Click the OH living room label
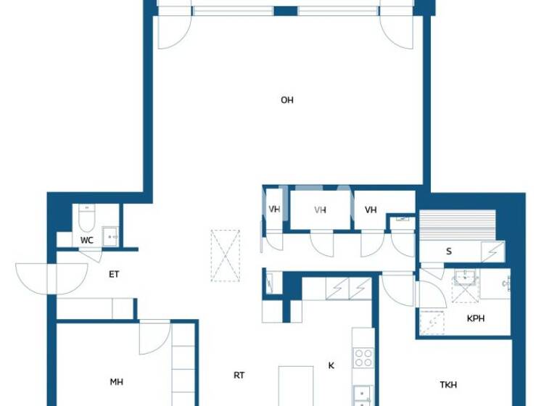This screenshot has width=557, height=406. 287,100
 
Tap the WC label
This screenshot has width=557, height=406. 86,240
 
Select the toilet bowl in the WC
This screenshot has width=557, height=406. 87,218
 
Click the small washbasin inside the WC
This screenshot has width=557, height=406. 110,236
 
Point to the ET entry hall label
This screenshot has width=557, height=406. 114,275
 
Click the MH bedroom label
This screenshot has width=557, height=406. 116,381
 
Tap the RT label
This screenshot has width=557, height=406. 239,375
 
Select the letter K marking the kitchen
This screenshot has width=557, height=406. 331,365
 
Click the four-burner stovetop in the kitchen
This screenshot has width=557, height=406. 363,357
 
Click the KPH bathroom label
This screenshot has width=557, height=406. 476,318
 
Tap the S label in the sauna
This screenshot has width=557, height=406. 449,252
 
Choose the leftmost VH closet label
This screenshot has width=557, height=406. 274,210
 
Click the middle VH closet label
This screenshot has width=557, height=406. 321,210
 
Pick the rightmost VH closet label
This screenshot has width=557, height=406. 371,210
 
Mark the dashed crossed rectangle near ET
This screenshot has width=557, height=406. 226,255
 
